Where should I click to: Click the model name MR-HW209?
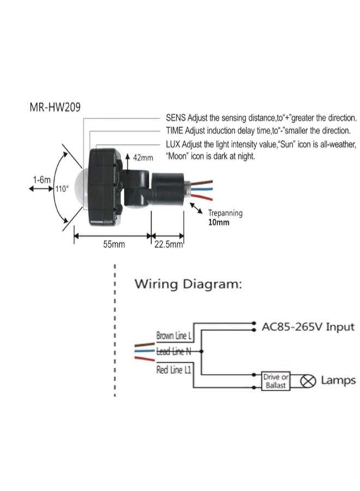(55, 107)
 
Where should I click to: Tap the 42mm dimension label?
(143, 158)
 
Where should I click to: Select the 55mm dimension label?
(114, 244)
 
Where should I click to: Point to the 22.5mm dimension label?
(168, 244)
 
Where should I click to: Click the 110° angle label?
(62, 189)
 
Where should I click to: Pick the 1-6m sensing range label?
(41, 180)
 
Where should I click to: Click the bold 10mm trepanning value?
(219, 223)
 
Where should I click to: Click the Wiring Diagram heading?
(188, 284)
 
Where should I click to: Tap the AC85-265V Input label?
(308, 327)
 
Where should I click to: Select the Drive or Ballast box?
(275, 381)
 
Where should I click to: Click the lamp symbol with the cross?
(308, 381)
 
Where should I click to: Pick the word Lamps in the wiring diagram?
(338, 380)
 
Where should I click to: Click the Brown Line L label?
(173, 336)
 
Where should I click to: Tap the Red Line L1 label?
(173, 370)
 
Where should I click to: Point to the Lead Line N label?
(173, 351)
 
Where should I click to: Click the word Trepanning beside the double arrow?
(225, 213)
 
